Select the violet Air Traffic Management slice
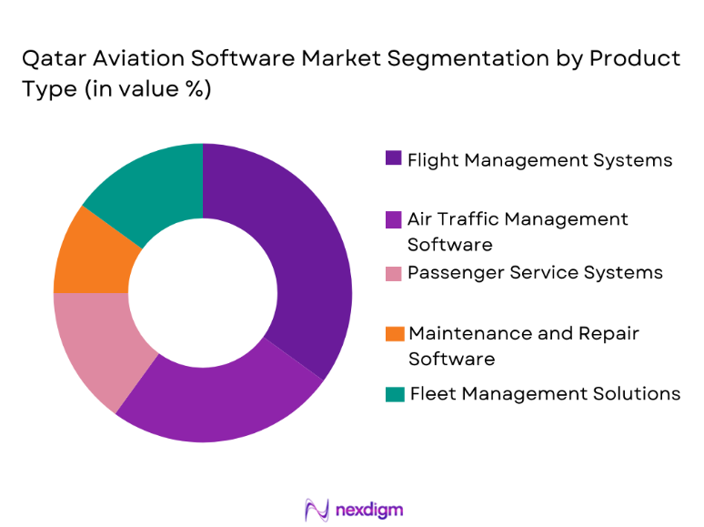point(227,400)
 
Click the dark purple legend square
point(393,159)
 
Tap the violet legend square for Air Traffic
point(393,219)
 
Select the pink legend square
point(393,273)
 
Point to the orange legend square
point(393,333)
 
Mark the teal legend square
point(393,394)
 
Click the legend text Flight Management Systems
point(539,160)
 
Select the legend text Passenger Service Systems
point(535,273)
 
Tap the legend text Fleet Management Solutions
point(545,394)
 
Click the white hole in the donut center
point(202,293)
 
